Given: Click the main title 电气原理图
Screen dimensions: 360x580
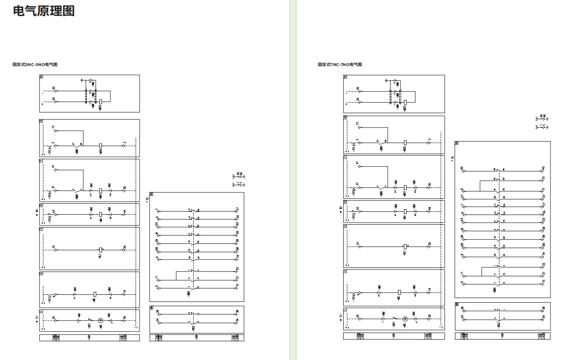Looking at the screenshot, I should point(44,11).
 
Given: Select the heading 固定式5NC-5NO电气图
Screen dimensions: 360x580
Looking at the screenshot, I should point(35,64).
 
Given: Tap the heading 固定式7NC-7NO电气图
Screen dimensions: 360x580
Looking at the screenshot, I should point(340,64).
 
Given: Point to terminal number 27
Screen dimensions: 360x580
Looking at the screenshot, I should point(462,196).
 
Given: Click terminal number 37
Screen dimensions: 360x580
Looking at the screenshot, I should point(543,196).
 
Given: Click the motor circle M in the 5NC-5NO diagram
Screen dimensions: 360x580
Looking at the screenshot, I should point(100,320).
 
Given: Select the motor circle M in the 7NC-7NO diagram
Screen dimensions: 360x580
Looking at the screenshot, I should point(405,318).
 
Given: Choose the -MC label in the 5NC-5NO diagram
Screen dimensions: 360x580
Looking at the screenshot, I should point(95,299).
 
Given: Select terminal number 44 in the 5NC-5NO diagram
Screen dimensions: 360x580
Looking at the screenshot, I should point(124,212).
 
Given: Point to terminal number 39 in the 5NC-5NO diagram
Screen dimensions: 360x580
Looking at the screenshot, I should point(237,241).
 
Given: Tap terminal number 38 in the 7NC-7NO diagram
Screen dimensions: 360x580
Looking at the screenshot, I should point(543,245).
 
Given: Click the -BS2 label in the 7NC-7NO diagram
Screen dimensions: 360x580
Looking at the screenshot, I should point(499,324).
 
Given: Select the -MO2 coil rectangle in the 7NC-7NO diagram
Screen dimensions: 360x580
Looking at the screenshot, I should point(405,142).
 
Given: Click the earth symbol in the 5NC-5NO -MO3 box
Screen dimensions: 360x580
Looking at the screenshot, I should point(82,79).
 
